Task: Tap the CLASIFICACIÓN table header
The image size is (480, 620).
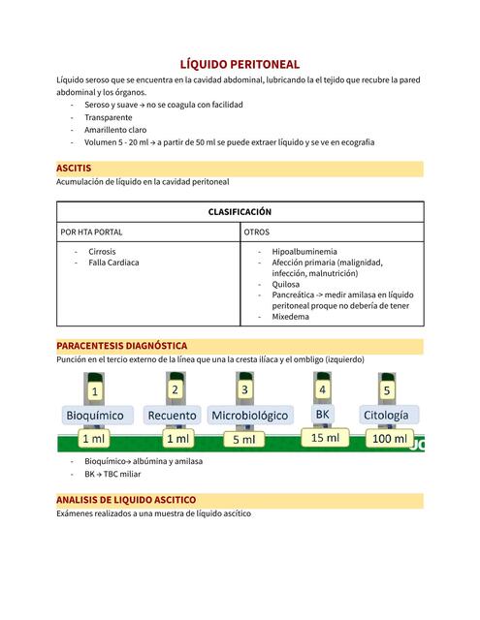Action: (240, 211)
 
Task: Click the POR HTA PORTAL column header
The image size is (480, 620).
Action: (91, 232)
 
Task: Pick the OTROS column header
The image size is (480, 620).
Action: (257, 232)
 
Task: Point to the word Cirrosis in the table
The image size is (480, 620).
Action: (102, 251)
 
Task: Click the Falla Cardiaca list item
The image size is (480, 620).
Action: (113, 263)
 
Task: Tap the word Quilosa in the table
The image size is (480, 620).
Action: (286, 285)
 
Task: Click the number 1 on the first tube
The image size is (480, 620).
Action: (94, 391)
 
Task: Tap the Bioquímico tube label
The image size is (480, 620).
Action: (94, 416)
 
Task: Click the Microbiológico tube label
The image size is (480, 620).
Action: (249, 416)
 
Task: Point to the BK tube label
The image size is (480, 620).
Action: (323, 414)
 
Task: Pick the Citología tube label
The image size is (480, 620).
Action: (386, 416)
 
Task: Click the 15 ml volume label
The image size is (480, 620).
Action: (325, 438)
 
